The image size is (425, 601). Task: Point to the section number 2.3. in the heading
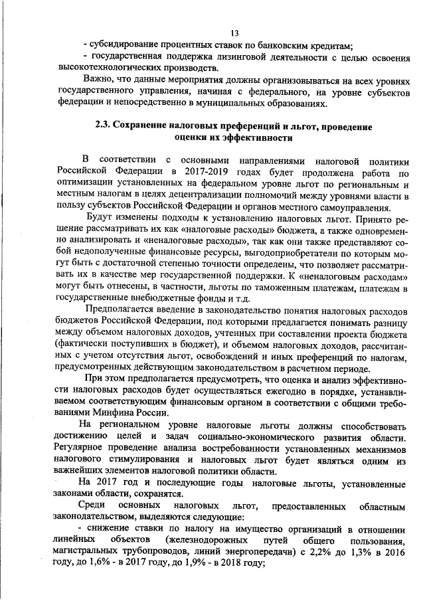pyautogui.click(x=107, y=126)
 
